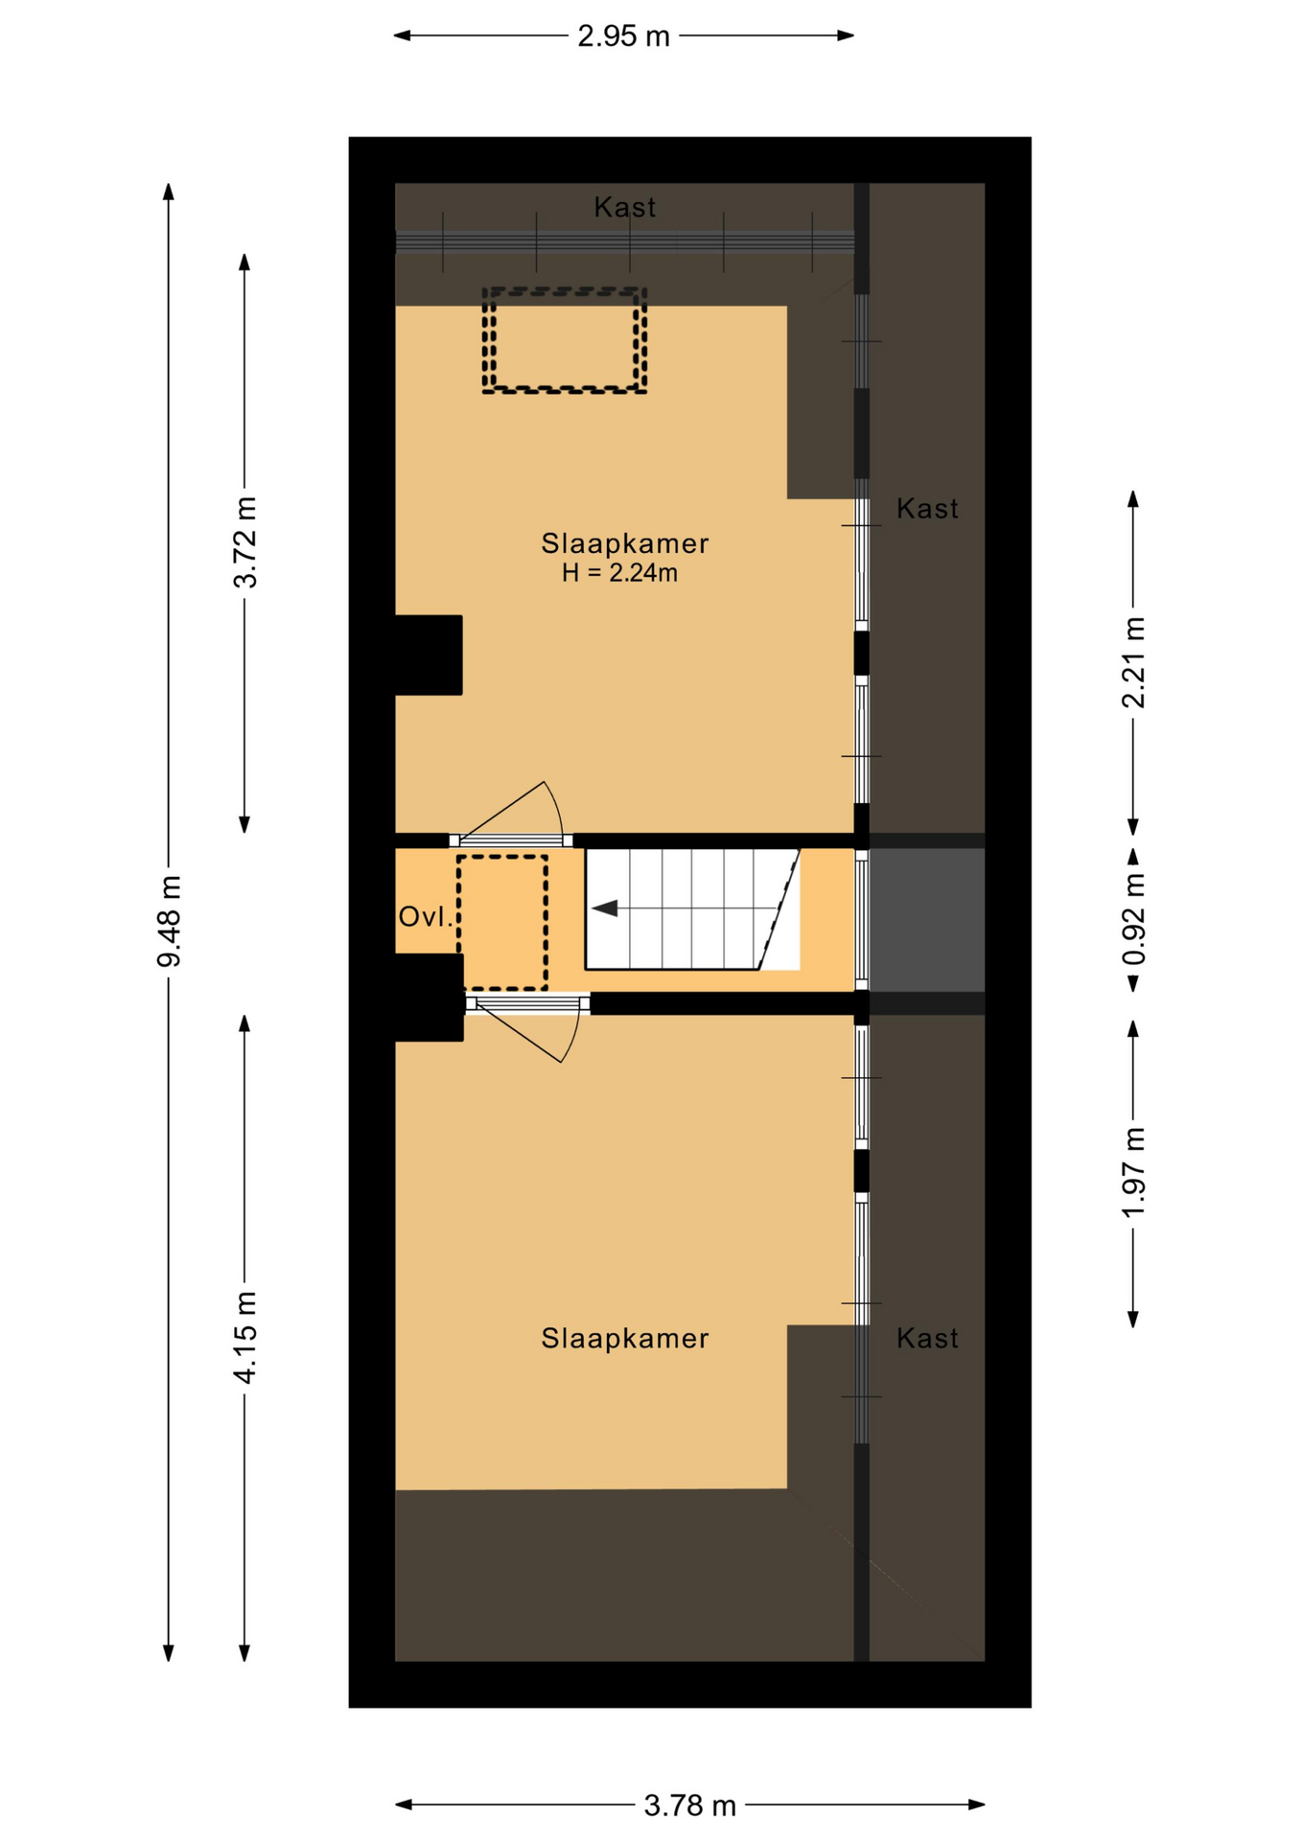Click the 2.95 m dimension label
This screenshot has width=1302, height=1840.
623,36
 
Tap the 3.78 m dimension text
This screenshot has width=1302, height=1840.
689,1805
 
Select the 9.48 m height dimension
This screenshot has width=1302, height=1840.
169,921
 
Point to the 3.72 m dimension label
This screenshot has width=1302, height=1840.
245,542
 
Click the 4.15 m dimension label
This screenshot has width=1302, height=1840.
245,1337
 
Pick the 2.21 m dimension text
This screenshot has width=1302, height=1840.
1134,662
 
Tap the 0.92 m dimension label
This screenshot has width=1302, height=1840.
1134,920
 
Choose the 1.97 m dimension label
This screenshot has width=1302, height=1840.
1134,1173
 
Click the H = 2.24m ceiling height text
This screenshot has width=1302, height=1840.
620,573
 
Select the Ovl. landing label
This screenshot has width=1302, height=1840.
426,917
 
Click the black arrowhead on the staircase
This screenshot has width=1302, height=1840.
605,908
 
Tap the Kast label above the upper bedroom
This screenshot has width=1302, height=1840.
625,207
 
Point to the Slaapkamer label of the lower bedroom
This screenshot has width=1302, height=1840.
625,1338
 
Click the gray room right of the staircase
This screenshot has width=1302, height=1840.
927,921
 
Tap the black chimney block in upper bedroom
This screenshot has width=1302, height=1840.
429,655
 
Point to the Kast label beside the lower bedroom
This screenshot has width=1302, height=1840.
927,1338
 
